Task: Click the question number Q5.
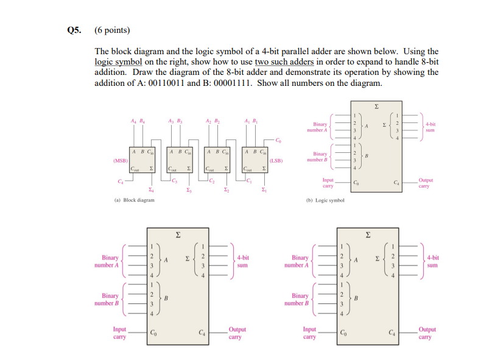click(73, 30)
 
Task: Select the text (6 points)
click(113, 30)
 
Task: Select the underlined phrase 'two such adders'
click(284, 62)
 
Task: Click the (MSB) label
click(119, 161)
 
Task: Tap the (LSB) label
click(276, 161)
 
